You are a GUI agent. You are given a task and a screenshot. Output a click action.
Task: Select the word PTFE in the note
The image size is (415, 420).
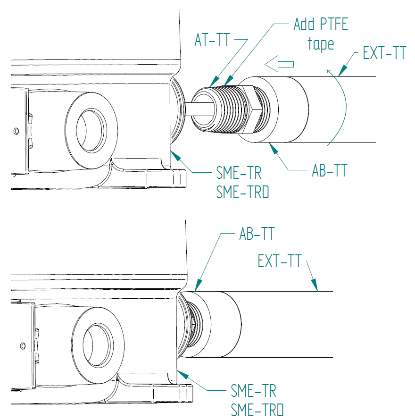331,24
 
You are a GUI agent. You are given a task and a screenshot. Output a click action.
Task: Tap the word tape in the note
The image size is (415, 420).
321,44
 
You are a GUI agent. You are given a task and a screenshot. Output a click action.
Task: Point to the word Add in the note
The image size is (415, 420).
304,24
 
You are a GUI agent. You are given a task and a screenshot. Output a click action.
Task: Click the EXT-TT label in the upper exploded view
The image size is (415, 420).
384,53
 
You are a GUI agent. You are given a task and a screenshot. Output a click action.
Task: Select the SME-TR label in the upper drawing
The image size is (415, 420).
239,174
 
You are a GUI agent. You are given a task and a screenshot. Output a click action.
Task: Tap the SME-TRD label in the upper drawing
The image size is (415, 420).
242,192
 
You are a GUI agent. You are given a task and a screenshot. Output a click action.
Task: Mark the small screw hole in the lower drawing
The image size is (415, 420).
22,345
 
